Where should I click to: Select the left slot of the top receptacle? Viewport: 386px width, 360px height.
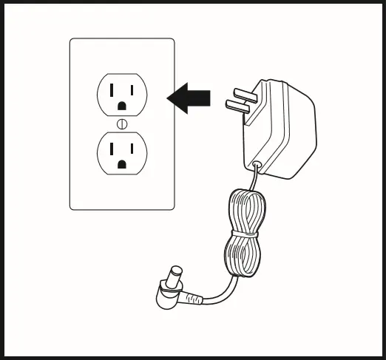point(113,90)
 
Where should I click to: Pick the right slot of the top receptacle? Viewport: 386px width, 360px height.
point(131,90)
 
